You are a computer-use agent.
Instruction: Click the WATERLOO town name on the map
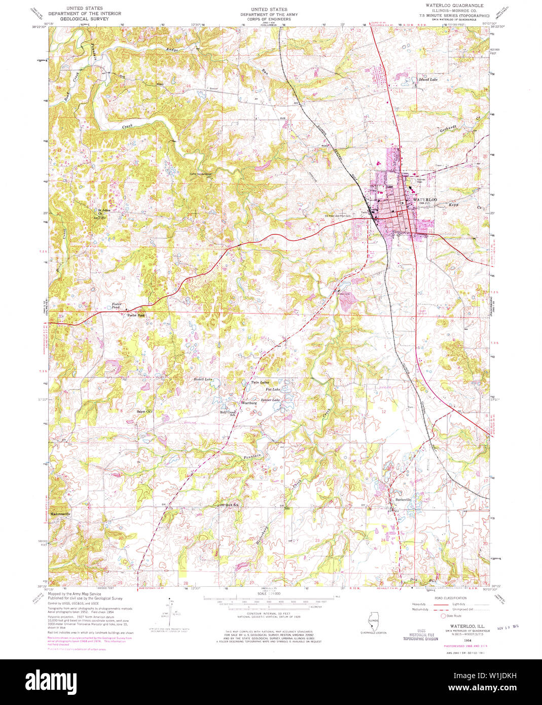point(425,200)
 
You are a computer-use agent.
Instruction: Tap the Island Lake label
point(427,80)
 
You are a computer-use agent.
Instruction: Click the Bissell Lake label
point(203,379)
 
